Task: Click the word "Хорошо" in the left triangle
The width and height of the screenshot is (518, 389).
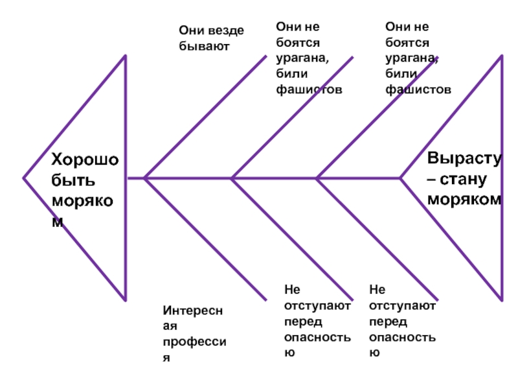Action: (84, 160)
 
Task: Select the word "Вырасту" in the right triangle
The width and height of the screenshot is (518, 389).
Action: (464, 159)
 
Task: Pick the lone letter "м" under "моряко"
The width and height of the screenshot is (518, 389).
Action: (58, 221)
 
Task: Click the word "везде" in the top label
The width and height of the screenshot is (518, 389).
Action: (226, 30)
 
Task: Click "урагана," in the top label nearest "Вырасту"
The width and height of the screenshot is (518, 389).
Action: (412, 58)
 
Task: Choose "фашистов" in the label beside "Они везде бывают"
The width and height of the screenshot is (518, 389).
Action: (309, 89)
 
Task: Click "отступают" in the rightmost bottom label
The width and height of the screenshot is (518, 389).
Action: (403, 305)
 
